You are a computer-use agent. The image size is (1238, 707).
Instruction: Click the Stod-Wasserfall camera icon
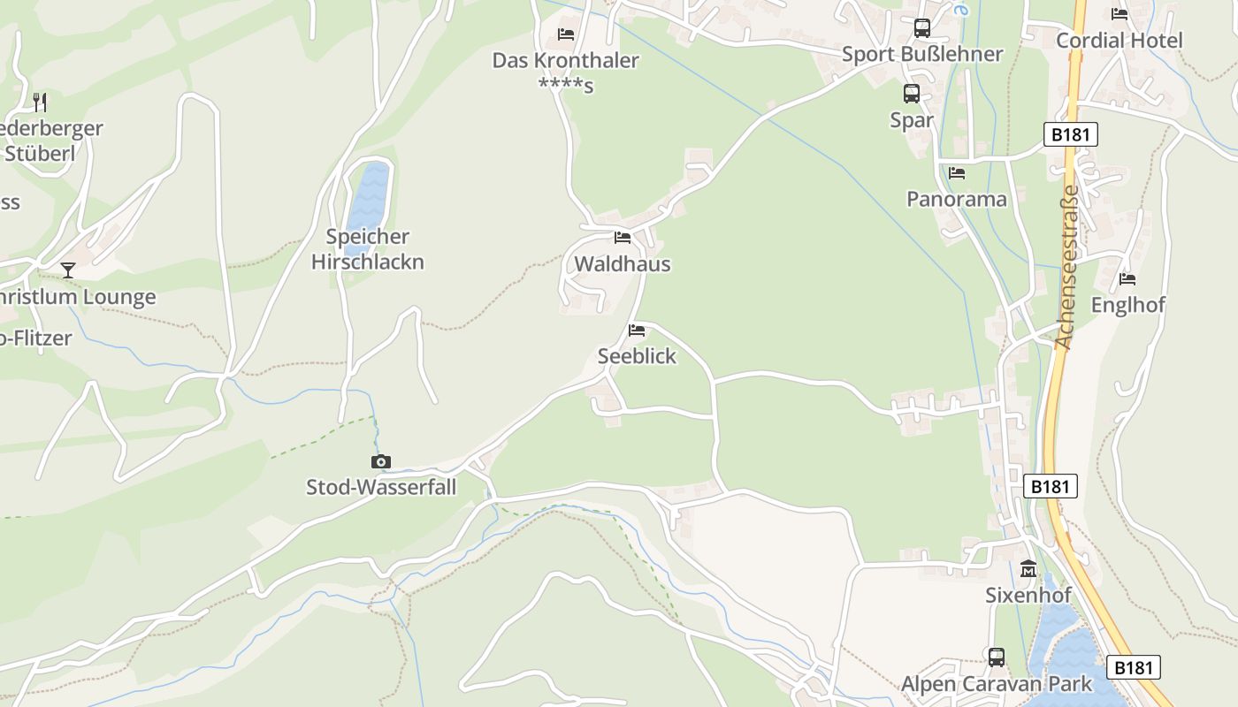point(381,461)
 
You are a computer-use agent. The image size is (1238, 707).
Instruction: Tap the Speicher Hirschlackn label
point(368,249)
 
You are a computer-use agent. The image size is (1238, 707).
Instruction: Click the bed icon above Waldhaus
point(623,238)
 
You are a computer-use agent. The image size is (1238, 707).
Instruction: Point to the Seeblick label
point(637,356)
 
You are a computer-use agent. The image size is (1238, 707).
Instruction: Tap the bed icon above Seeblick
point(637,331)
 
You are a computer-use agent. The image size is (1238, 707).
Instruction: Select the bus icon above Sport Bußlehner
point(922,28)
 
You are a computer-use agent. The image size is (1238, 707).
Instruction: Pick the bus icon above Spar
point(912,94)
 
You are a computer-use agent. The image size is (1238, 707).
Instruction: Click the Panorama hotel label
point(957,199)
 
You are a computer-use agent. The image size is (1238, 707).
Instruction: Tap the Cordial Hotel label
point(1120,41)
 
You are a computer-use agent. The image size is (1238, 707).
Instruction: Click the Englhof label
point(1127,305)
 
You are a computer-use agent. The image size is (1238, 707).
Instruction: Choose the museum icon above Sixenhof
point(1028,569)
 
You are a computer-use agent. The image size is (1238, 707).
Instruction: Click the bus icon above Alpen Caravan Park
point(997,658)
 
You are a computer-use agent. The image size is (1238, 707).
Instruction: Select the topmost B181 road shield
point(1071,134)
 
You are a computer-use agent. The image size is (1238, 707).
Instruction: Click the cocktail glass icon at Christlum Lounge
point(68,270)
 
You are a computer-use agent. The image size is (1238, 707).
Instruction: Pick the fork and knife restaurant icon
point(39,102)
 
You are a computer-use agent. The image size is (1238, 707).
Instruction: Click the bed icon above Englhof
point(1127,279)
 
